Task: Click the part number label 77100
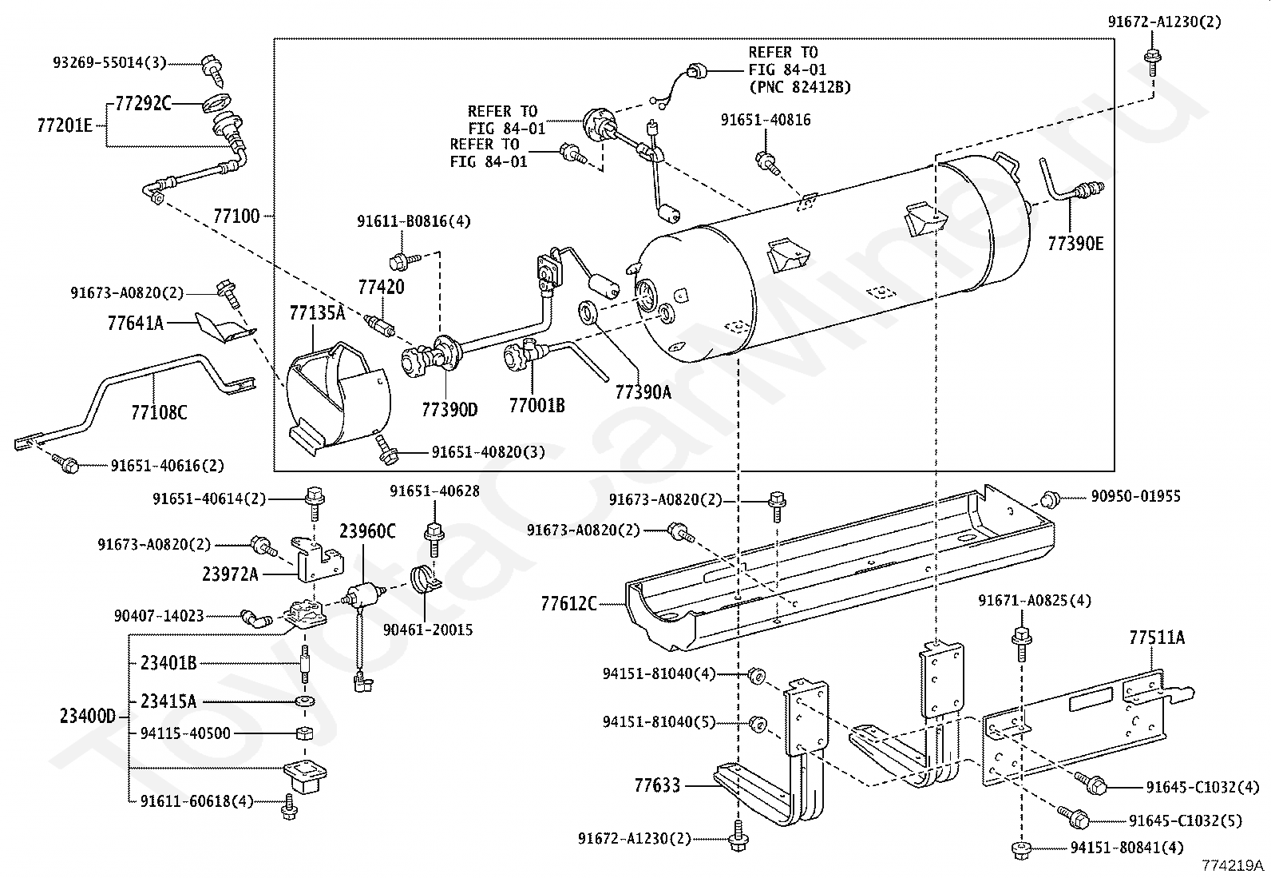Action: click(236, 217)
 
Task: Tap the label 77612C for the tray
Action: click(568, 604)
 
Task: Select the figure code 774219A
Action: click(1233, 865)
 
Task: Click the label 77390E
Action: click(1075, 244)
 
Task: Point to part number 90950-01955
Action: click(1135, 496)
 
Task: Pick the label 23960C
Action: click(368, 531)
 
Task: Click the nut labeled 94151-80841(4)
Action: click(1021, 849)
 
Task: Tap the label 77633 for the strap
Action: click(657, 785)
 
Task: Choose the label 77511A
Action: click(1156, 638)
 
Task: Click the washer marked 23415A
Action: click(305, 701)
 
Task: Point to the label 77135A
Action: click(317, 313)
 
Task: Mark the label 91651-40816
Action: click(766, 120)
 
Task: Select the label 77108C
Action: click(159, 412)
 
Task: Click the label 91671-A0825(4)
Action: click(1035, 600)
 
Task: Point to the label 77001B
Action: click(537, 406)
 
